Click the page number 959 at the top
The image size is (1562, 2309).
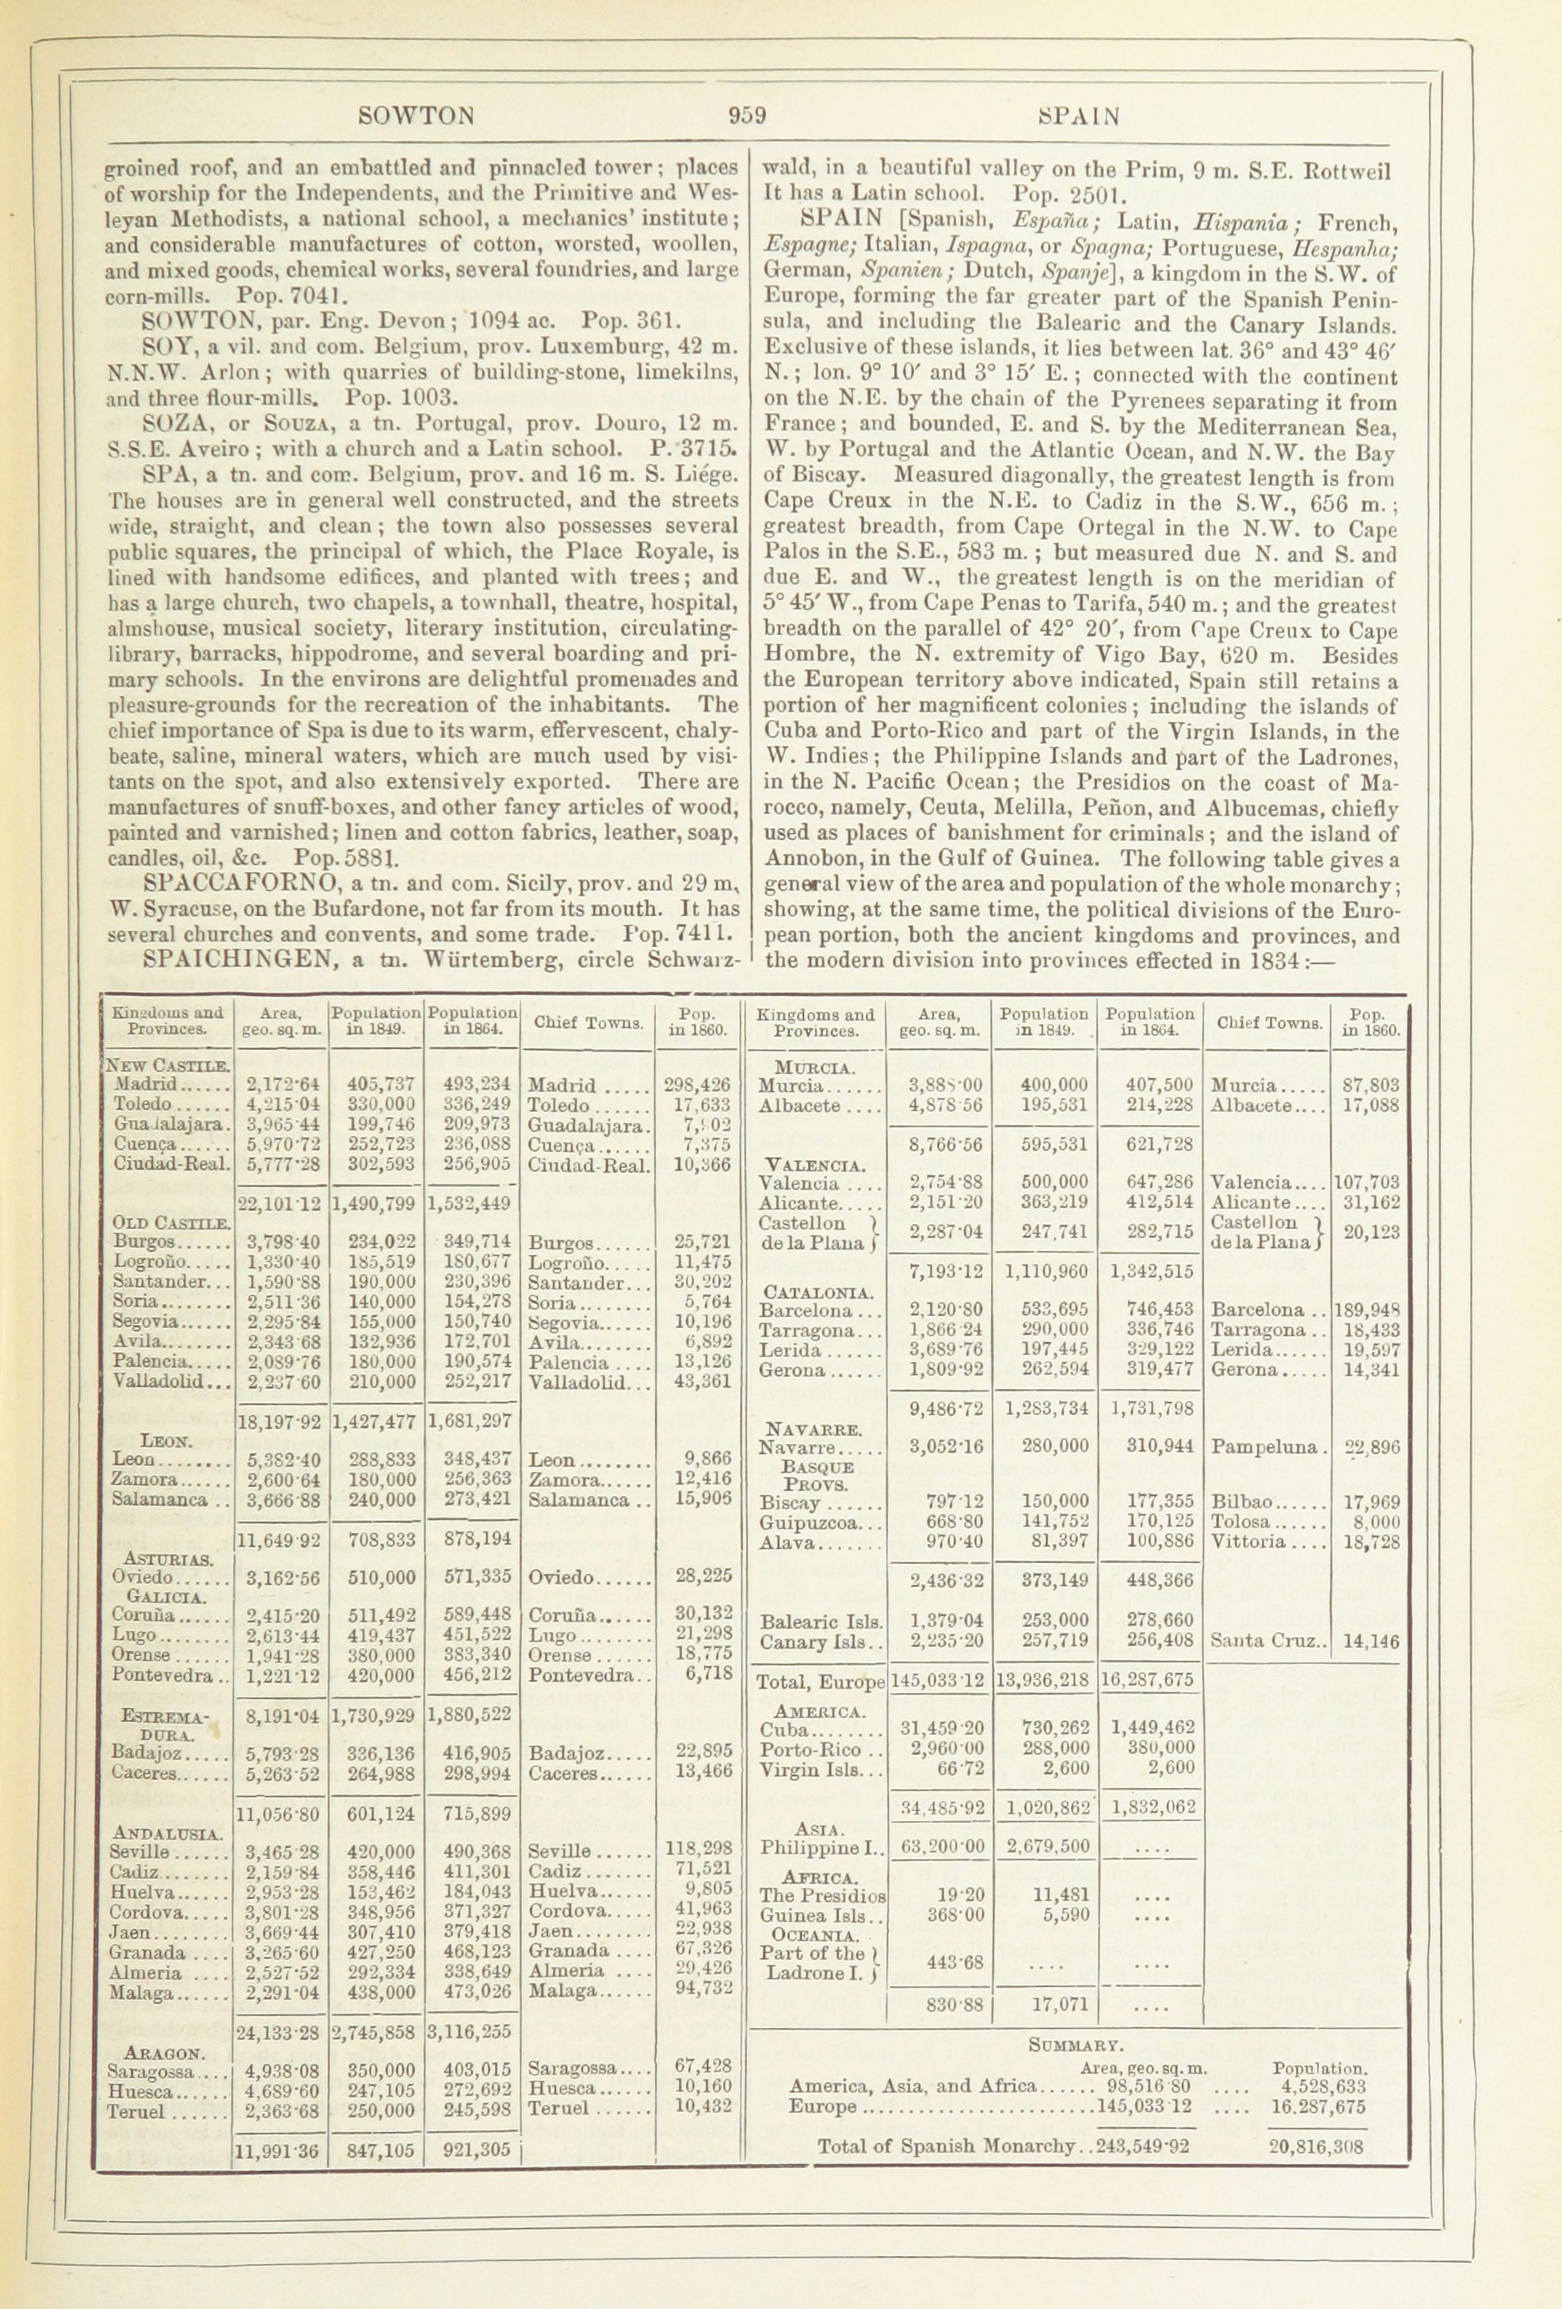pos(746,116)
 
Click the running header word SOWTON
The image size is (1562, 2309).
pos(415,116)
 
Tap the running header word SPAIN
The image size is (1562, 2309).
pos(1078,116)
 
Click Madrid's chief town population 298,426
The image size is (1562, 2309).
pos(695,1084)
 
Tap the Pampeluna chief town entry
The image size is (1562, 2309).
pos(1265,1447)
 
